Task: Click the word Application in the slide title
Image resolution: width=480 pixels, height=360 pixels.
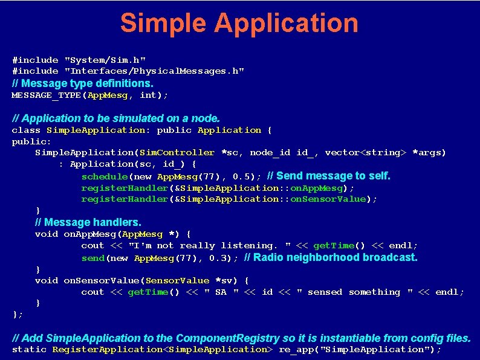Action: click(286, 24)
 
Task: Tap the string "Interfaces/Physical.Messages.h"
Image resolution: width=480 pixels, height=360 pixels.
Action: click(154, 71)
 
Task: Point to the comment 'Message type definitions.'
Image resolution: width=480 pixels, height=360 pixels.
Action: click(83, 83)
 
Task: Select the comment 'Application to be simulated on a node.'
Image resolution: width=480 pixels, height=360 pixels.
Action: click(116, 118)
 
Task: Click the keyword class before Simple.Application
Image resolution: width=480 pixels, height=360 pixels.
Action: click(26, 130)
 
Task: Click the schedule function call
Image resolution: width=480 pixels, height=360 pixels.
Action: click(105, 176)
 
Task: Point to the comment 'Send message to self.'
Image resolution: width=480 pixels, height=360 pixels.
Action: click(329, 176)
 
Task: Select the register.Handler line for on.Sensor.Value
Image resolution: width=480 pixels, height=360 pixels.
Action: click(229, 199)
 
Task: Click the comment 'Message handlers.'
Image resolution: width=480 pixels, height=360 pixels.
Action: click(88, 222)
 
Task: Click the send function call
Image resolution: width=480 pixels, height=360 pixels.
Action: click(93, 258)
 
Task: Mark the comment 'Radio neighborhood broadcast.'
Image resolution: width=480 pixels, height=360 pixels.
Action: click(331, 257)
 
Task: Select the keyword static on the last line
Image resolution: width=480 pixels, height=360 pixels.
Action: click(29, 349)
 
